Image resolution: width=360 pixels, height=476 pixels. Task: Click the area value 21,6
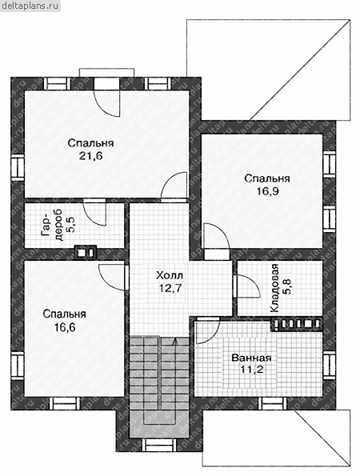(x=91, y=156)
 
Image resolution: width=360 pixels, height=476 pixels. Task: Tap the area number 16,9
(x=267, y=191)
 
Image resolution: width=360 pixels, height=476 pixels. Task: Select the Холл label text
(x=170, y=275)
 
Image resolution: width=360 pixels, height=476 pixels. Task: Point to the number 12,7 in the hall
(x=170, y=288)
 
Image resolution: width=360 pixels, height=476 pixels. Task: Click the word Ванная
(x=251, y=358)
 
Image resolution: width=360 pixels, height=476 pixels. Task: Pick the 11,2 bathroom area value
(x=251, y=370)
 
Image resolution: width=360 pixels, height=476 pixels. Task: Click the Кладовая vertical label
(x=274, y=288)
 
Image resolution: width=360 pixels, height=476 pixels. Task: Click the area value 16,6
(x=65, y=327)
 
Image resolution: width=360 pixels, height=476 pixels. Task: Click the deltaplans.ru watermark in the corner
(x=30, y=5)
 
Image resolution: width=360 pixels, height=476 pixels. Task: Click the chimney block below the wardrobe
(x=86, y=252)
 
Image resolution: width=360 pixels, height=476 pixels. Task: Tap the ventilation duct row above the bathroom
(x=296, y=325)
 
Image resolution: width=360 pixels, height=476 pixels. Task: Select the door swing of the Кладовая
(x=248, y=286)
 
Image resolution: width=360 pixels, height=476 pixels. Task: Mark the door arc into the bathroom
(x=208, y=330)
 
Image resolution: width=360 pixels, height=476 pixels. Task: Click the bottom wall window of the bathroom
(x=274, y=404)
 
